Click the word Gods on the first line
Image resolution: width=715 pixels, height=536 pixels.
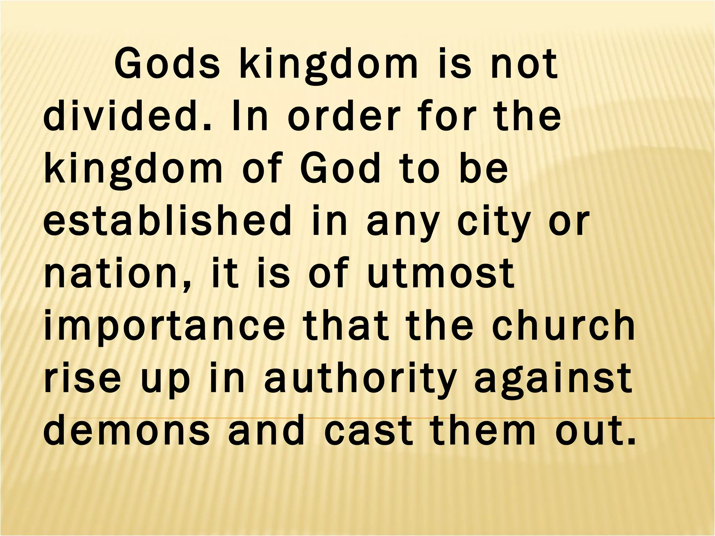point(168,65)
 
